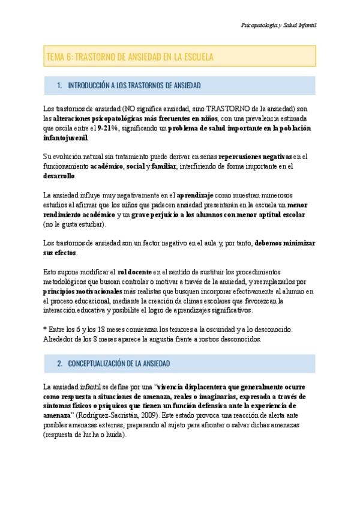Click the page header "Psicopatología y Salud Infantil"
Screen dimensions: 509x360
coord(278,26)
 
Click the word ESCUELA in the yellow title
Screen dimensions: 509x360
coord(196,57)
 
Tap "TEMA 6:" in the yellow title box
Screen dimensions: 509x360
coord(59,57)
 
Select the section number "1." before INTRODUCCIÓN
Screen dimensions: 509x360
coord(60,86)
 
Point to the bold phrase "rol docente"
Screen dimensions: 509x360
coord(137,272)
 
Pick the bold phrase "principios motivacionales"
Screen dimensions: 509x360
coord(82,291)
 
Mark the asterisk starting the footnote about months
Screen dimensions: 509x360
coord(46,330)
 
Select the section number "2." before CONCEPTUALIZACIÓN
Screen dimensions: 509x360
coord(60,364)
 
